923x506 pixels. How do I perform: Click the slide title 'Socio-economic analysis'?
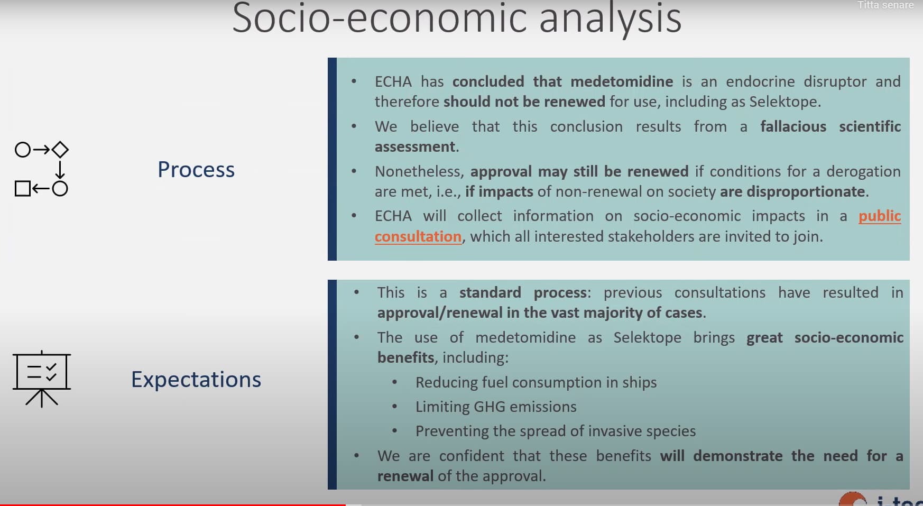click(457, 18)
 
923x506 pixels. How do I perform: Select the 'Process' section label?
click(196, 170)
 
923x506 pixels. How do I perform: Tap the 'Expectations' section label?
click(196, 380)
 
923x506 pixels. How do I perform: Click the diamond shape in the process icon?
click(60, 150)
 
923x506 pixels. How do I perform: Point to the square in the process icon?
click(23, 188)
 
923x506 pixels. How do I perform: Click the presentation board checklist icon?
click(42, 378)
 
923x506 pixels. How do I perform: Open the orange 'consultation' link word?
click(418, 236)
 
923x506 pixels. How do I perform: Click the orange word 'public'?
click(880, 216)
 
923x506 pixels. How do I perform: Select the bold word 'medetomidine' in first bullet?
click(622, 81)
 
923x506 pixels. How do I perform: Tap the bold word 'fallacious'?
click(793, 126)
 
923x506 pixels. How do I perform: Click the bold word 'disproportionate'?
click(806, 191)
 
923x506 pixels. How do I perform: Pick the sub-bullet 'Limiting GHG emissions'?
click(496, 407)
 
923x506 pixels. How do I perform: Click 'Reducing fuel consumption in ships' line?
click(536, 382)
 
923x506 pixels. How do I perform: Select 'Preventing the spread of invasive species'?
click(556, 431)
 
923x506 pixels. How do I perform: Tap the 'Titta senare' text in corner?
click(885, 5)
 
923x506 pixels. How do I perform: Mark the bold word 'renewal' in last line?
click(405, 476)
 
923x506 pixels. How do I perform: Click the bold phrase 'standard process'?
click(523, 292)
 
